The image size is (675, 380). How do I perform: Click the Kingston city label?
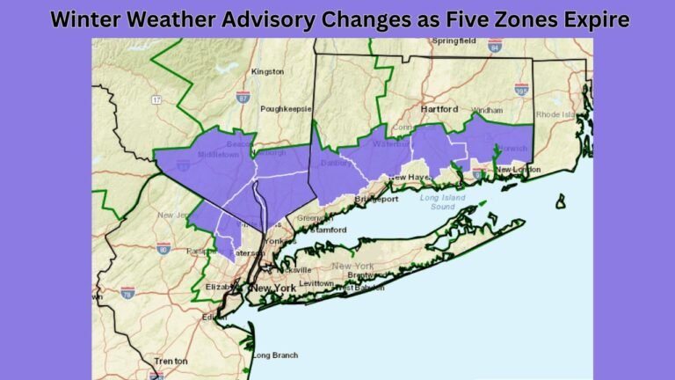(268, 71)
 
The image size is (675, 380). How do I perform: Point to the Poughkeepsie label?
(287, 109)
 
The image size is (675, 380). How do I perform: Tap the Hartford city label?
(439, 109)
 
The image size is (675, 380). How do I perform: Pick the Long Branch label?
(273, 355)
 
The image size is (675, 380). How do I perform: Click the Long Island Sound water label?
(441, 202)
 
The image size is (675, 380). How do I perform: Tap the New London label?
(517, 170)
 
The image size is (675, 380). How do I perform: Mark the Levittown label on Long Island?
(314, 283)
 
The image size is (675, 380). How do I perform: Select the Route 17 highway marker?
(156, 100)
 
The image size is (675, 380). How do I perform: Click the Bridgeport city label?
(376, 200)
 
